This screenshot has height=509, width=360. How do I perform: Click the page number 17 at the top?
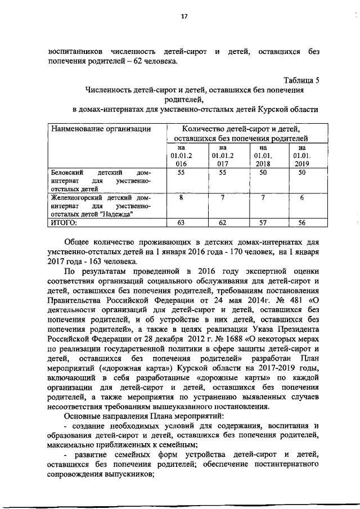[183, 16]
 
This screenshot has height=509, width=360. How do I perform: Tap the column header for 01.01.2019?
[301, 155]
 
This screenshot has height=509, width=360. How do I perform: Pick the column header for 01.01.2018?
[263, 155]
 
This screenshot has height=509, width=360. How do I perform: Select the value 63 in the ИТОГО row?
[181, 223]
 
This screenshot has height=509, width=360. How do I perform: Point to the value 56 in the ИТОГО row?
[301, 223]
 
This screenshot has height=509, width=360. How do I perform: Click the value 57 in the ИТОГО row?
[263, 223]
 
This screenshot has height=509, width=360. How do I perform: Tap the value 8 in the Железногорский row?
[181, 198]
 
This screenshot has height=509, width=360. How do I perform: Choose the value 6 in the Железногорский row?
[301, 198]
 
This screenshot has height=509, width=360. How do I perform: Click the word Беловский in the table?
[65, 173]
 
